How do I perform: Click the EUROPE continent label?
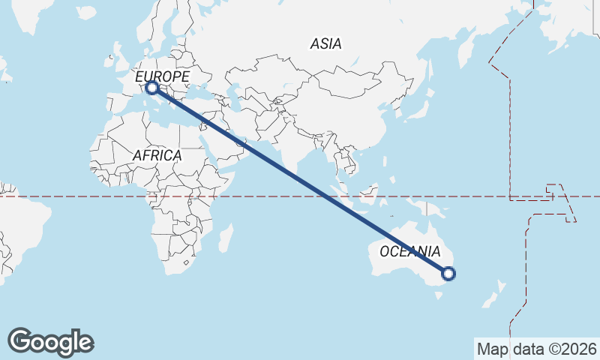[x=162, y=76]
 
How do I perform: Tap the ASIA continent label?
[x=325, y=44]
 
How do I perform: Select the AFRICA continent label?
[x=157, y=155]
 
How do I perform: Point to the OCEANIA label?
[x=410, y=251]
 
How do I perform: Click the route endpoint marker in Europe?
[x=152, y=88]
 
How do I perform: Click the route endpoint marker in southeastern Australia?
[x=448, y=274]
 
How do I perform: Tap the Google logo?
[x=50, y=342]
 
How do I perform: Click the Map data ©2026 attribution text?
[x=537, y=349]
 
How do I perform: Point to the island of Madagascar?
[x=223, y=241]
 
